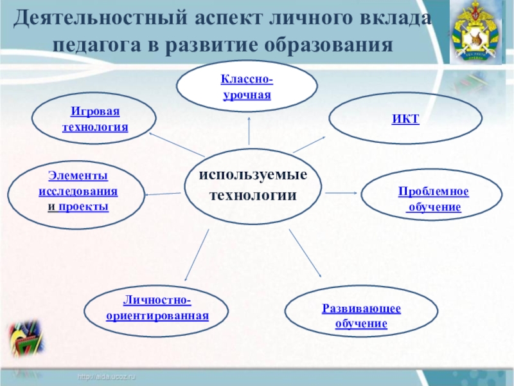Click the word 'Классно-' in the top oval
247,80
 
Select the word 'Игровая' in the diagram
94,112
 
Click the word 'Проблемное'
433,192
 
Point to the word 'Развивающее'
361,309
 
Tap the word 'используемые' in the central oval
253,176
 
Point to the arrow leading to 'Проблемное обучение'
341,192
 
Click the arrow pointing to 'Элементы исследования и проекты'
163,194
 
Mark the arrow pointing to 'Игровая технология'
175,145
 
